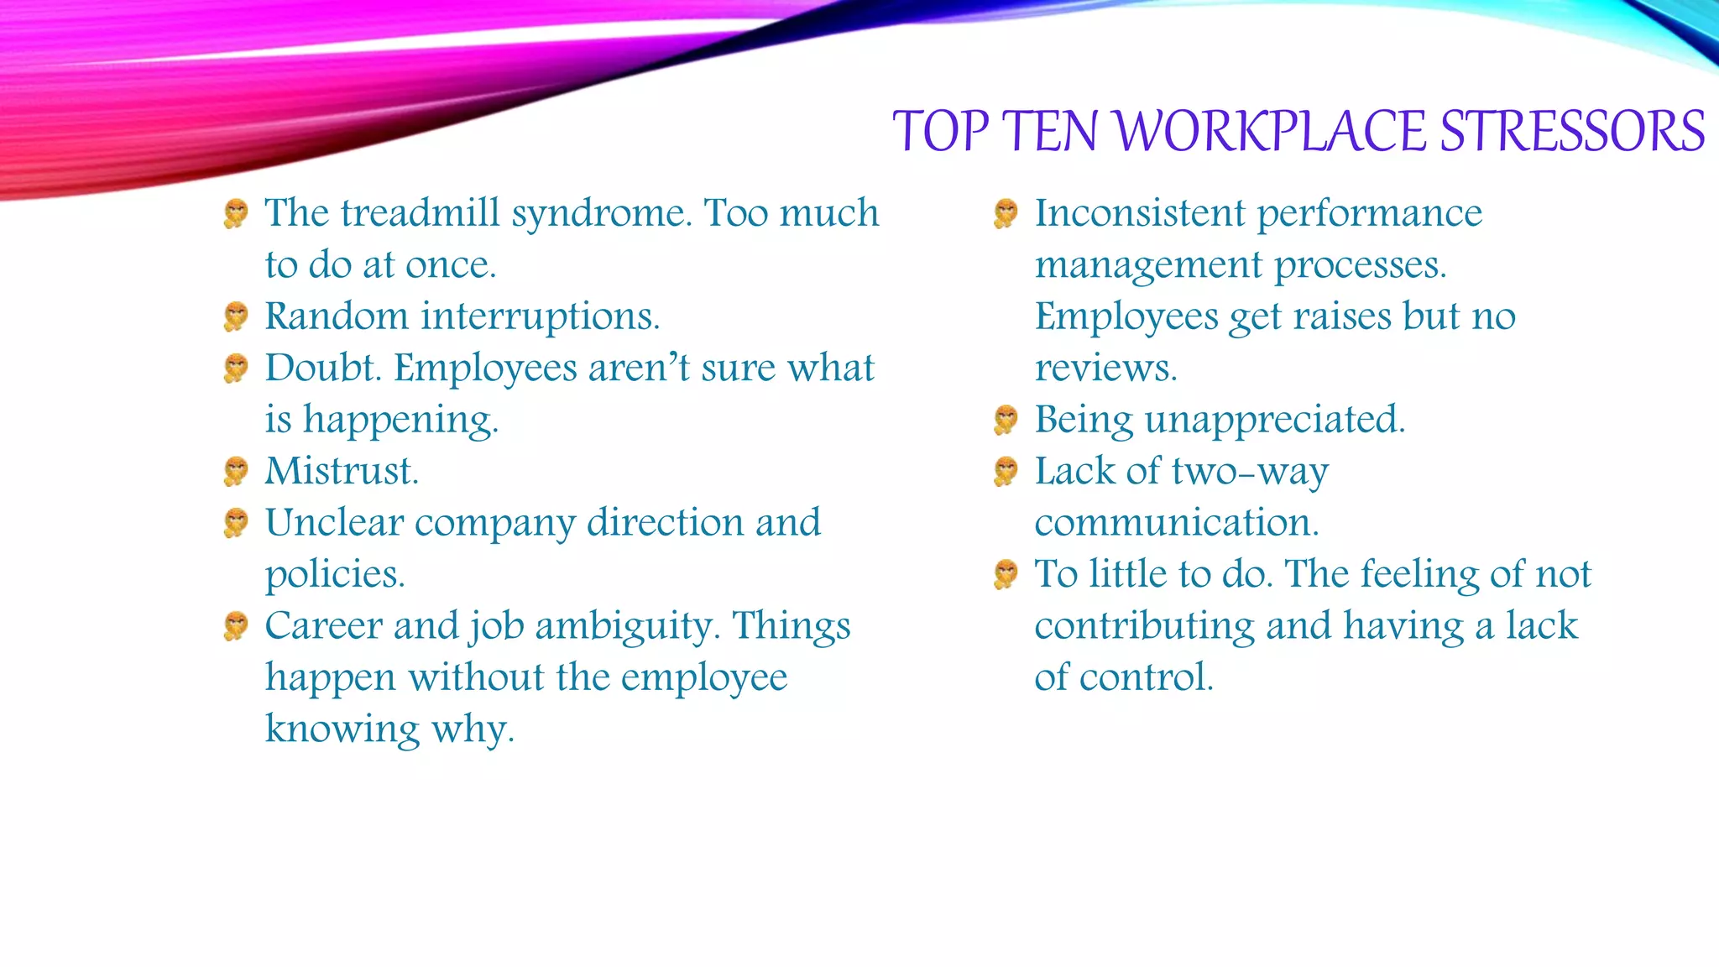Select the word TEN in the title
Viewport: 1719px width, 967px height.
pos(1049,132)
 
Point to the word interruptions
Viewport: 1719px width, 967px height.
pos(541,317)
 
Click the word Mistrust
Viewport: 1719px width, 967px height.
pos(342,471)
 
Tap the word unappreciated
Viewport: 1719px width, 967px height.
pos(1275,420)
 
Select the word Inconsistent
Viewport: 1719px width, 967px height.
pos(1139,213)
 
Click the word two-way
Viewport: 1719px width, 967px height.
pos(1250,472)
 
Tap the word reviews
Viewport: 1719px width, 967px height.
pos(1105,369)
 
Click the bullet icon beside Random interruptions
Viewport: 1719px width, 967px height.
pos(236,316)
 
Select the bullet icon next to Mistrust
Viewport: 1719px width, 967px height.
pos(236,471)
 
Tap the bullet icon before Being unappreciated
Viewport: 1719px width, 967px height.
pos(1006,420)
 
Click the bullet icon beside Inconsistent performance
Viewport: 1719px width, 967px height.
pos(1006,213)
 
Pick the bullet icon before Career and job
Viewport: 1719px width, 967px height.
pos(236,626)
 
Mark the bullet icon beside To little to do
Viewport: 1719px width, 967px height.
pos(1006,574)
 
